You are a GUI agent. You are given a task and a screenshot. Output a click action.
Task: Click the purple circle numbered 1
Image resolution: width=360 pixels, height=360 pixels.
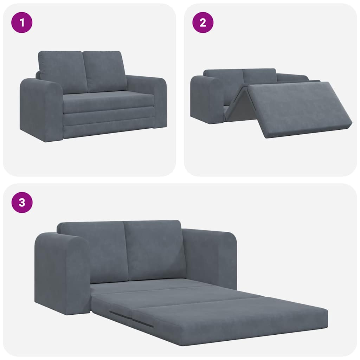click(x=22, y=22)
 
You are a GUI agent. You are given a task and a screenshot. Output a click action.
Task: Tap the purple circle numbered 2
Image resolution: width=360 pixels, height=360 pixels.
click(x=202, y=22)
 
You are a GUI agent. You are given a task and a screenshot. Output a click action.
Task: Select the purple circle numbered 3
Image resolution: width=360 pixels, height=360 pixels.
click(x=22, y=202)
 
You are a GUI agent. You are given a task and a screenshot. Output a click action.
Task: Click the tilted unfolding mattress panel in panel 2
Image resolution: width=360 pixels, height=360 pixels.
click(x=299, y=107)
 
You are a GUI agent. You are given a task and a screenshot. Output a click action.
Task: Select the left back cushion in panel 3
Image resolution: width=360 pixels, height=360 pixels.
click(x=93, y=251)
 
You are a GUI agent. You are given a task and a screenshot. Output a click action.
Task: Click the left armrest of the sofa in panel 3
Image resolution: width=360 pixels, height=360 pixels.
click(x=62, y=272)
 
